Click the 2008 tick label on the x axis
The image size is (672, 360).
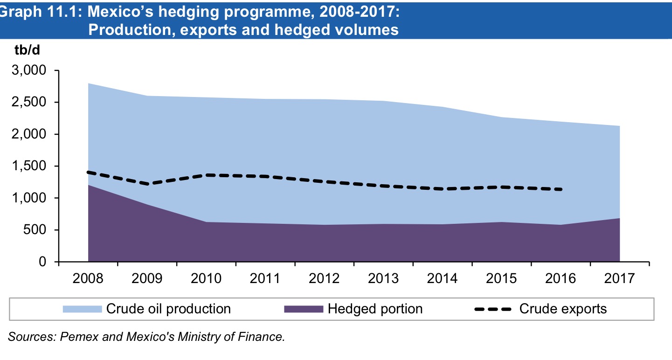[88, 279]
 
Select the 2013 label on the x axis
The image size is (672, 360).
[383, 279]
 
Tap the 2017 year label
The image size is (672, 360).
[620, 279]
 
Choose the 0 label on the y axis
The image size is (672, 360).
[42, 262]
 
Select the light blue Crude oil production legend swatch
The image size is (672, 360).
[82, 309]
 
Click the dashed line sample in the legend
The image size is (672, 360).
[493, 309]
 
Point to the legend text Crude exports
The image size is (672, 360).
[563, 309]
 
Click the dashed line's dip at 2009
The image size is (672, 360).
[147, 184]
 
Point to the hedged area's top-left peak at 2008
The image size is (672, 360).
[88, 185]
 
